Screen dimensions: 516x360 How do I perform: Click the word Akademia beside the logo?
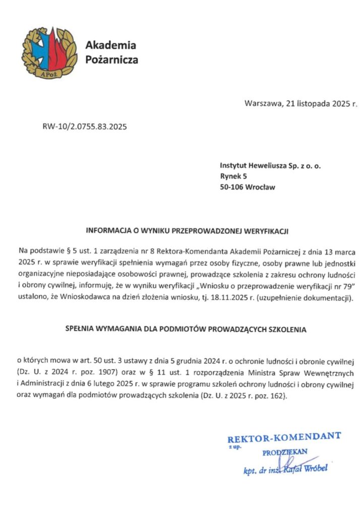point(110,45)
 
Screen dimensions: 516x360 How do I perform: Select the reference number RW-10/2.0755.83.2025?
point(85,126)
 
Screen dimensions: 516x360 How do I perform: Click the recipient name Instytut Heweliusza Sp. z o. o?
point(270,165)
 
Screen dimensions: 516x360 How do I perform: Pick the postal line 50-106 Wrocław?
point(248,187)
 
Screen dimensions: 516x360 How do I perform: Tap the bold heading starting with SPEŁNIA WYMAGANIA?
point(187,330)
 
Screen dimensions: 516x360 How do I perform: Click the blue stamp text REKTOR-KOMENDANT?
point(284,436)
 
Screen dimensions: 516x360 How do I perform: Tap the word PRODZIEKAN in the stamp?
point(285,452)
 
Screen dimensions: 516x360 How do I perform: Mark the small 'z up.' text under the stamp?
point(233,447)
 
